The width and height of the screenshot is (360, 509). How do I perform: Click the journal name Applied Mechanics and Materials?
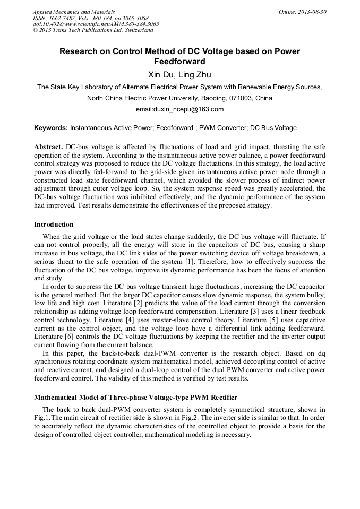click(74, 12)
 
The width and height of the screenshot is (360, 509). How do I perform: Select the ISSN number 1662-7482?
click(66, 18)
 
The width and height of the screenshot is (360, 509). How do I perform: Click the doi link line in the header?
click(96, 24)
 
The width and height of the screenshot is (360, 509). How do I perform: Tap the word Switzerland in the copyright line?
click(140, 30)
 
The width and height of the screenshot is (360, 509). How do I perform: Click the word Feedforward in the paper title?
click(179, 62)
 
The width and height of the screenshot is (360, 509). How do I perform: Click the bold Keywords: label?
click(51, 128)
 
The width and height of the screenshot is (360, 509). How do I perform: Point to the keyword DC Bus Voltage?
click(273, 128)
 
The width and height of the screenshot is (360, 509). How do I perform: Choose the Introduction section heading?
click(54, 225)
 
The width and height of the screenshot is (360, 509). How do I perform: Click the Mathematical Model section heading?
click(135, 397)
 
